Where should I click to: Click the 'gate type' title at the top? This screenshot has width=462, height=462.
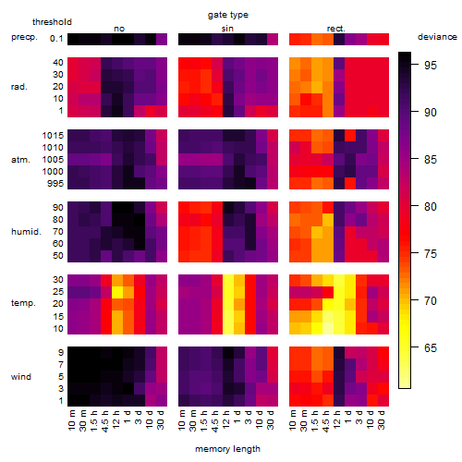tap(228, 15)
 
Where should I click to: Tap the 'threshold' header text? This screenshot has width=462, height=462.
tap(52, 22)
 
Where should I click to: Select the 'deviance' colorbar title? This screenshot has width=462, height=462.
tap(437, 37)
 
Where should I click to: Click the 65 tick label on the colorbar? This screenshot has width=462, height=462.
tap(431, 347)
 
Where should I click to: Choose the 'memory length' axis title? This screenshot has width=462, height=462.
tap(227, 449)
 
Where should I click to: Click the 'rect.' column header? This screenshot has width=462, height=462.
tap(336, 29)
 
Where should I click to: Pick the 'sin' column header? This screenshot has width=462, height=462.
tap(227, 29)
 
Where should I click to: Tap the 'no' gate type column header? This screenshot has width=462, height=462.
tap(119, 29)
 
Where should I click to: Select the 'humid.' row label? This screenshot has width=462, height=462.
tap(26, 232)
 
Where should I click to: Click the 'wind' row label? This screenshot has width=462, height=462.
tap(21, 377)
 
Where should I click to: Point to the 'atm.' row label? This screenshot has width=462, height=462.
tap(20, 160)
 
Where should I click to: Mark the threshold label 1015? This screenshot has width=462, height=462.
tap(53, 135)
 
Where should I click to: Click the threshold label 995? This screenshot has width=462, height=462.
tap(55, 184)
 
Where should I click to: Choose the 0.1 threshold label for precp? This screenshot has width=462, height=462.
tap(56, 39)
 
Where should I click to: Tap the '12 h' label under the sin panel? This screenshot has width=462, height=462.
tap(226, 419)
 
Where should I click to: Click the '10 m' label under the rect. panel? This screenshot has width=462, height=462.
tap(293, 419)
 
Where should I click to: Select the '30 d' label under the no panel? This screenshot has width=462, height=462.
tap(160, 419)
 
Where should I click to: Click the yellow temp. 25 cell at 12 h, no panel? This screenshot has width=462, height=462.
tap(117, 292)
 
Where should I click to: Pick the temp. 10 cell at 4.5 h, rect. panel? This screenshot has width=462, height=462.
tap(328, 328)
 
